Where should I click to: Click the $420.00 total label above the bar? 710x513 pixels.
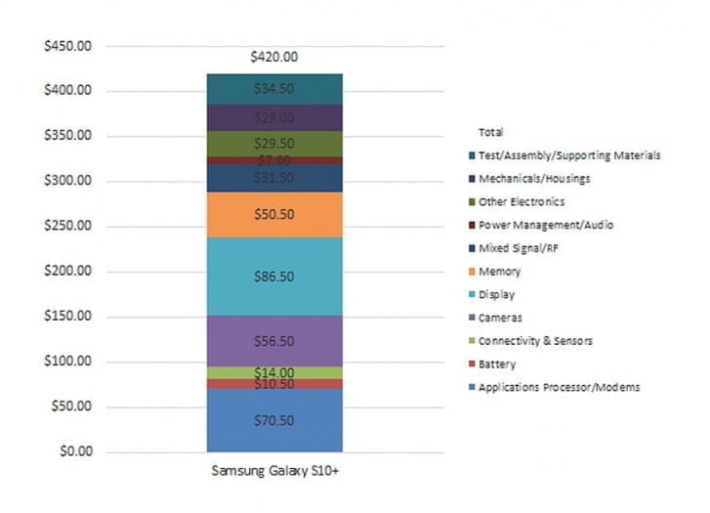pos(274,58)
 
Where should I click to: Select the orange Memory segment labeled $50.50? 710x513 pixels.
pos(274,215)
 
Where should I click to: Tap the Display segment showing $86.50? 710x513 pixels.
pos(274,277)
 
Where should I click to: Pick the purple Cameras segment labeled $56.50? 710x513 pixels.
pos(274,341)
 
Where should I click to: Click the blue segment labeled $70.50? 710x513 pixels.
pos(274,420)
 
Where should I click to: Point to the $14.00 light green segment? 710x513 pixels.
pos(274,372)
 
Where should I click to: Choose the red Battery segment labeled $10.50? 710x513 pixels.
pos(274,384)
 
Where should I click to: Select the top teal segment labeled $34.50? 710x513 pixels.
pos(274,89)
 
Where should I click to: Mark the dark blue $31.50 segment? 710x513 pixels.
pos(274,178)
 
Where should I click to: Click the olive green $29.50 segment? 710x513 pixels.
pos(274,143)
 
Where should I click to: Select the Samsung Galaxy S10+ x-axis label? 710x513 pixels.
pos(274,471)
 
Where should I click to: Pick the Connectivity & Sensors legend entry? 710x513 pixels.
pos(536,341)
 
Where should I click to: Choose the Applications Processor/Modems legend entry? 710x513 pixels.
pos(560,388)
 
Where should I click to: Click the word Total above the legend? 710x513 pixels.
pos(492,132)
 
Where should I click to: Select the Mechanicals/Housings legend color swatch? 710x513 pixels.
pos(472,179)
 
